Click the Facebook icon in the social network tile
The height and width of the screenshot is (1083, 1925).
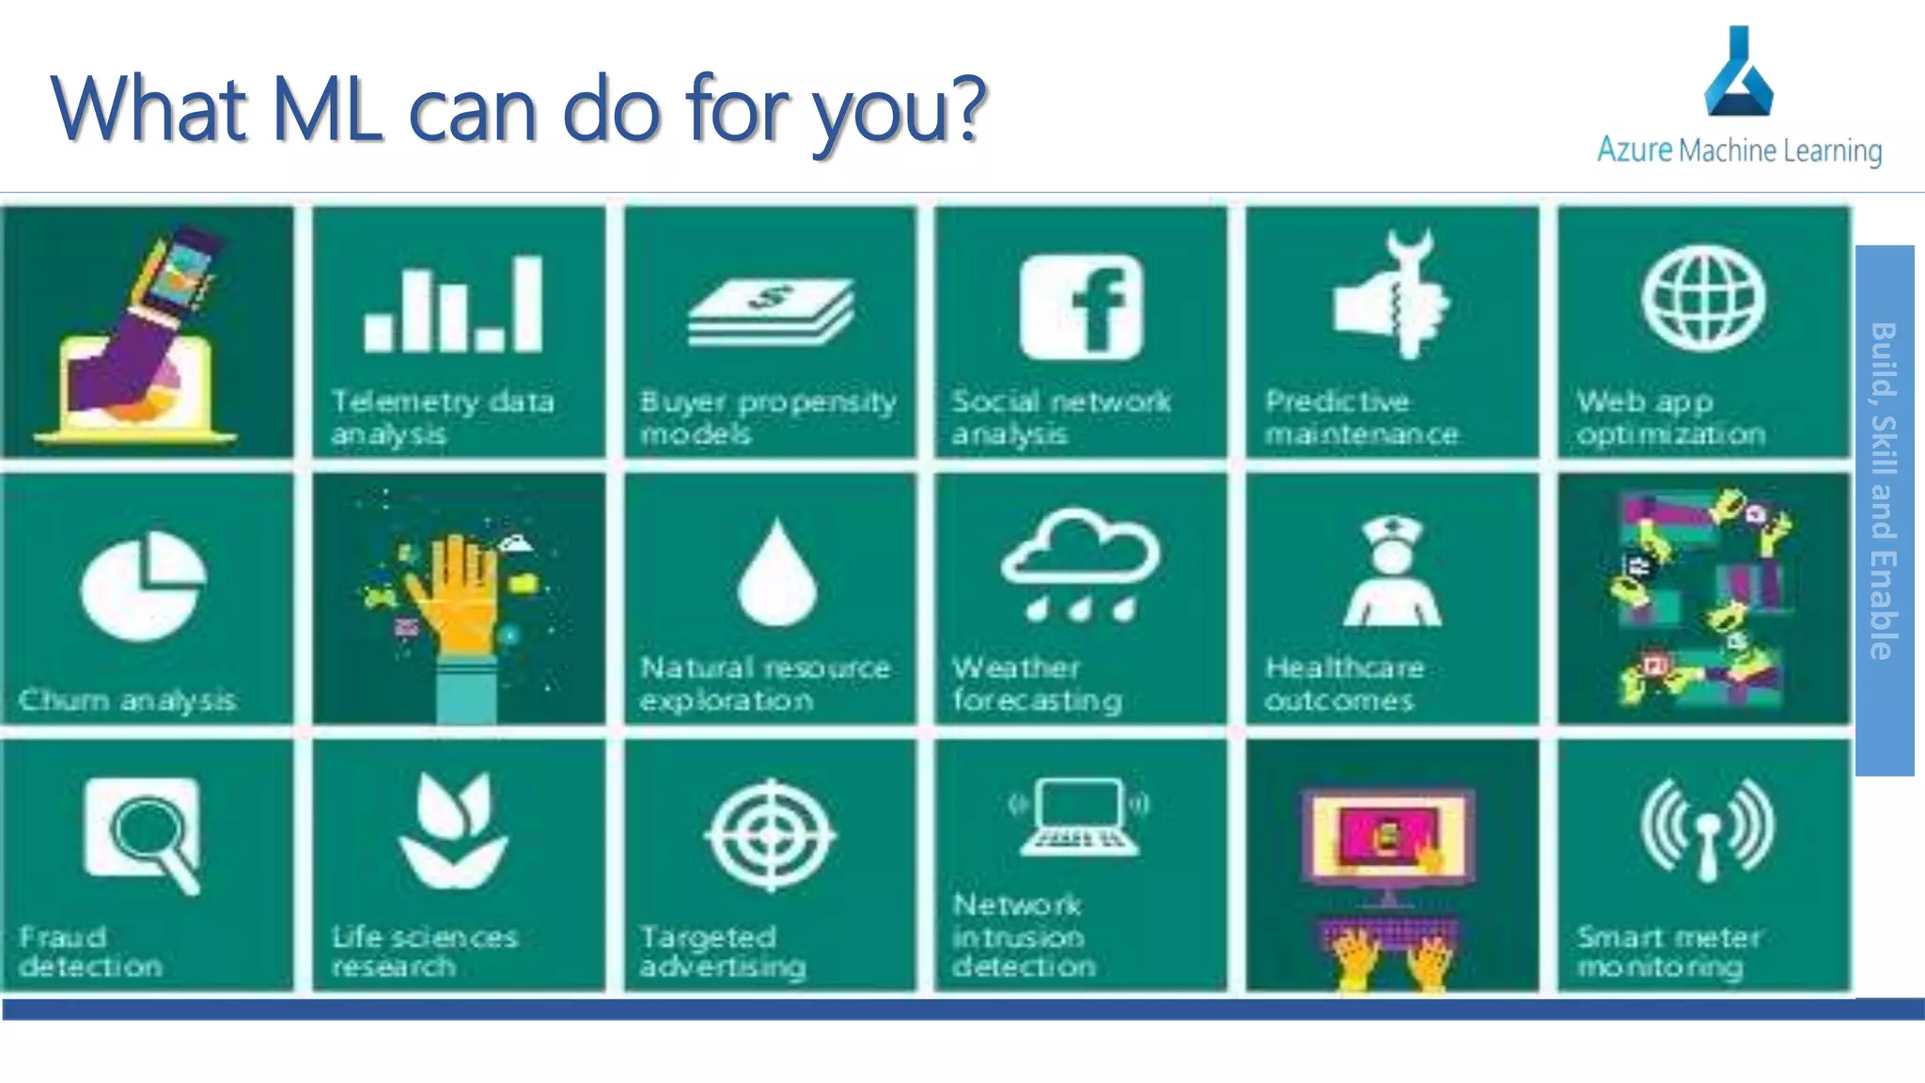[1081, 307]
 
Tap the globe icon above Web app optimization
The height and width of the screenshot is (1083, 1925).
[1703, 298]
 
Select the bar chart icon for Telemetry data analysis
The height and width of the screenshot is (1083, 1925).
[453, 304]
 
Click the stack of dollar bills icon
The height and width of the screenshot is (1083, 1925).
[771, 311]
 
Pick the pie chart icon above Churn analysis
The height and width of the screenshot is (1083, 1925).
[143, 585]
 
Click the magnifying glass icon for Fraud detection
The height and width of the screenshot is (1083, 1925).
[145, 833]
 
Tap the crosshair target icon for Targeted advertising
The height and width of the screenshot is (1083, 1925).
[771, 834]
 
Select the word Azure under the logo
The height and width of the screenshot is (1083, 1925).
[1634, 150]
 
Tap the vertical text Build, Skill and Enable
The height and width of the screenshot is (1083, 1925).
[1884, 491]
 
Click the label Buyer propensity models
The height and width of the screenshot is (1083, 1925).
[768, 417]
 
